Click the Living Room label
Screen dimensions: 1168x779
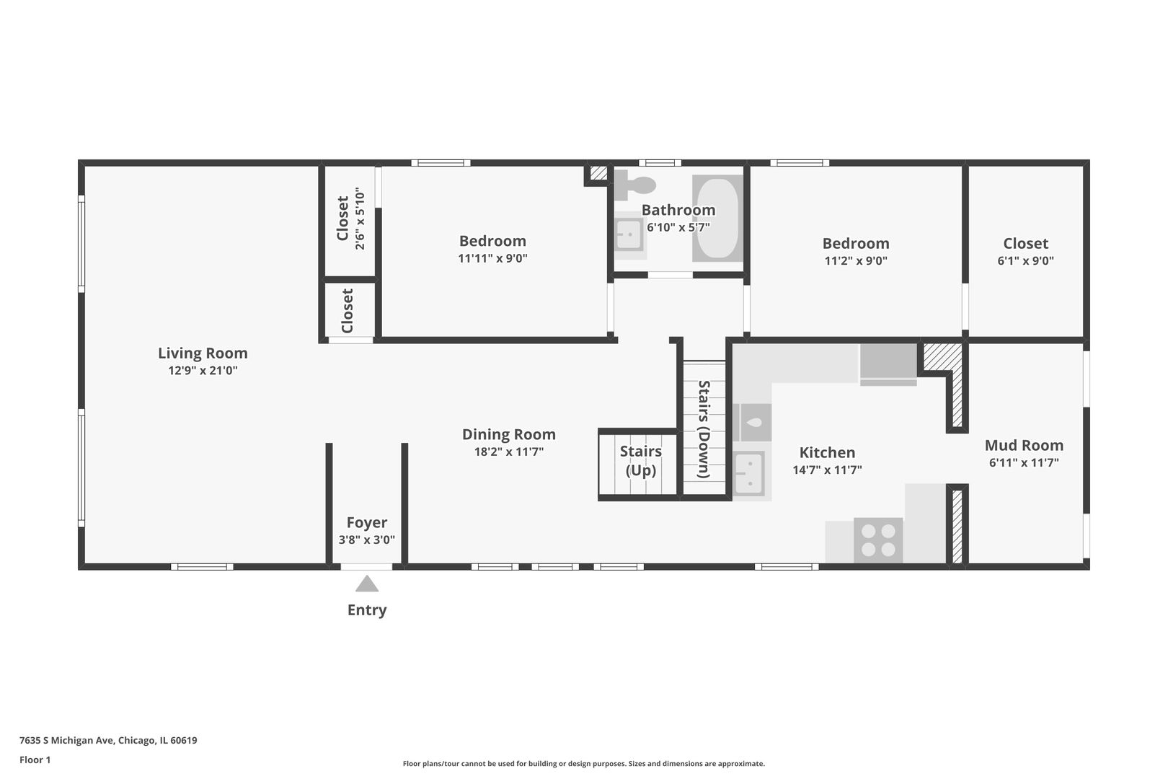point(203,353)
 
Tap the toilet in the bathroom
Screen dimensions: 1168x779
point(634,185)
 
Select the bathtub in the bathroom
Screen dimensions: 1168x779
point(717,218)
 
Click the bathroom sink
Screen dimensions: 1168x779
point(630,235)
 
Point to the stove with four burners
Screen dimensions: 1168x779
point(878,540)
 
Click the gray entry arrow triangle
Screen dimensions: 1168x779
point(367,584)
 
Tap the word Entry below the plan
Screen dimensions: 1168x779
point(367,610)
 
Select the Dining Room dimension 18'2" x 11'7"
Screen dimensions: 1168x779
point(509,452)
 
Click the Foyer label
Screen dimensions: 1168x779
point(367,523)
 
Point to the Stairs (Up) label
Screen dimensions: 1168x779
point(641,461)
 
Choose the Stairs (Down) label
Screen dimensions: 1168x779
point(704,429)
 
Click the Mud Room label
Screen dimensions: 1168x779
point(1024,446)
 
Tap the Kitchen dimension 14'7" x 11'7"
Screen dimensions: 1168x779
point(828,470)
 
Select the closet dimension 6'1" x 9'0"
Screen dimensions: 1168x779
point(1026,261)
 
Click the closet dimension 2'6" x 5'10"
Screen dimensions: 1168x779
point(360,219)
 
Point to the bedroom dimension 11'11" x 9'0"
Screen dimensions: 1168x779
point(492,258)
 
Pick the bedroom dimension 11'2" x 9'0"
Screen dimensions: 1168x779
point(856,261)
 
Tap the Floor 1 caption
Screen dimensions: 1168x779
point(35,760)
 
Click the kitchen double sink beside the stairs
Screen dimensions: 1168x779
point(749,473)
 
